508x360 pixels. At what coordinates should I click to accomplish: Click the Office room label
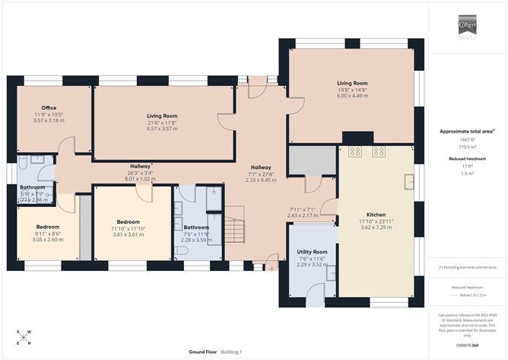coord(49,108)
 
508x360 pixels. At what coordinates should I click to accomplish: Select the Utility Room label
coord(312,251)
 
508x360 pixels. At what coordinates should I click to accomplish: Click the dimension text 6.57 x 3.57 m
coord(161,129)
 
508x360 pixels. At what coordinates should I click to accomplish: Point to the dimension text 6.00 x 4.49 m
coord(352,95)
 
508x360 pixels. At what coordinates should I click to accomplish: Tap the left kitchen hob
coord(354,151)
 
